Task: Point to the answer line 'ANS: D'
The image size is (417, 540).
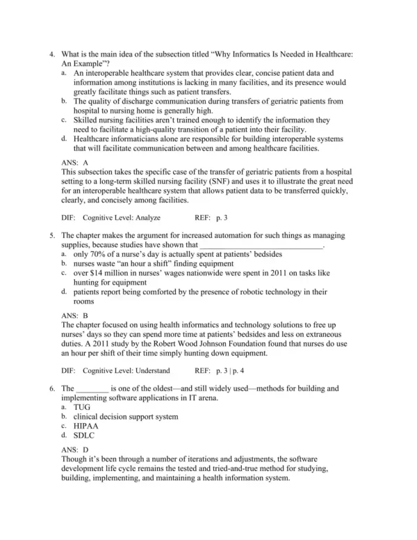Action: tap(75, 450)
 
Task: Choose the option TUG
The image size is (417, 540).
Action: tap(82, 406)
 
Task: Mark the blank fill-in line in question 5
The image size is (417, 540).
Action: tap(261, 245)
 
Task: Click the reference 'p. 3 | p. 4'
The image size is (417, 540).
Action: tap(229, 371)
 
